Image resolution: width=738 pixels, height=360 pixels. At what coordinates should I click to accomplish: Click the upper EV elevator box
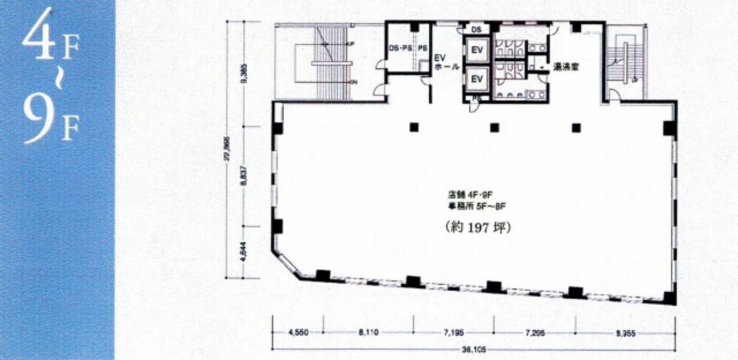(477, 49)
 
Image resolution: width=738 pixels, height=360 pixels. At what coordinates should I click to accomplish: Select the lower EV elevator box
(477, 78)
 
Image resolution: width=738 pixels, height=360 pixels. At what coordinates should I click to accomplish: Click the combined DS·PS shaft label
(400, 47)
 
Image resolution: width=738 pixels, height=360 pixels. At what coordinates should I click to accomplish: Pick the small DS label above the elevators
(477, 28)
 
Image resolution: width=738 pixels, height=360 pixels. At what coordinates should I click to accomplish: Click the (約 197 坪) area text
(478, 226)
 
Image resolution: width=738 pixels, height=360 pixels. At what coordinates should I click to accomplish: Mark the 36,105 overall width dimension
(473, 349)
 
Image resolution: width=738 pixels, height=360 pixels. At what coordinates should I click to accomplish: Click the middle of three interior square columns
(494, 127)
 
